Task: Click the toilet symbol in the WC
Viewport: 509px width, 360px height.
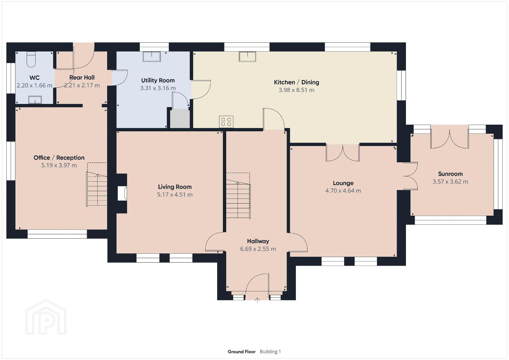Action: point(31,59)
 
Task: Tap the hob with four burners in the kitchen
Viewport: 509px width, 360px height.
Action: point(226,122)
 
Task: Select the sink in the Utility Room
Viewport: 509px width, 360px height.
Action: point(151,57)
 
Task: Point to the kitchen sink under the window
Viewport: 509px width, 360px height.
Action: point(247,57)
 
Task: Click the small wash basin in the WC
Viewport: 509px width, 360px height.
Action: point(35,100)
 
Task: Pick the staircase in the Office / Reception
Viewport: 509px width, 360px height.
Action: point(97,189)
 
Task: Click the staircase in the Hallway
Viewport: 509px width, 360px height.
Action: point(238,199)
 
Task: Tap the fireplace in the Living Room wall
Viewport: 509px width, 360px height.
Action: point(122,193)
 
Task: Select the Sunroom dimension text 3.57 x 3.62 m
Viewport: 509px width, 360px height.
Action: point(450,182)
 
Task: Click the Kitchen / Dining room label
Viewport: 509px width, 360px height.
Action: point(296,82)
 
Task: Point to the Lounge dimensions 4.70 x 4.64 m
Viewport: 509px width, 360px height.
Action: point(343,191)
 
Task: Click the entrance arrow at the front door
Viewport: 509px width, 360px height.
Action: point(257,300)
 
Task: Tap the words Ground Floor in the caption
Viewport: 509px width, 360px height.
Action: point(241,352)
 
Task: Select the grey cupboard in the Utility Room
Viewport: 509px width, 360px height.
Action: point(180,118)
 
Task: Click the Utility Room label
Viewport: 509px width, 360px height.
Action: point(158,80)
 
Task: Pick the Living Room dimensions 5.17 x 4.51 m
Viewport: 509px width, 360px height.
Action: point(175,195)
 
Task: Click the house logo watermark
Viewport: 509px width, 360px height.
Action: point(46,317)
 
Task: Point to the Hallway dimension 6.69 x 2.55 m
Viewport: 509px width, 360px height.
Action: point(258,249)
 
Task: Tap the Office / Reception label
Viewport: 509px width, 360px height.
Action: point(59,158)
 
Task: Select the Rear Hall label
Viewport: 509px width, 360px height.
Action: point(82,78)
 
